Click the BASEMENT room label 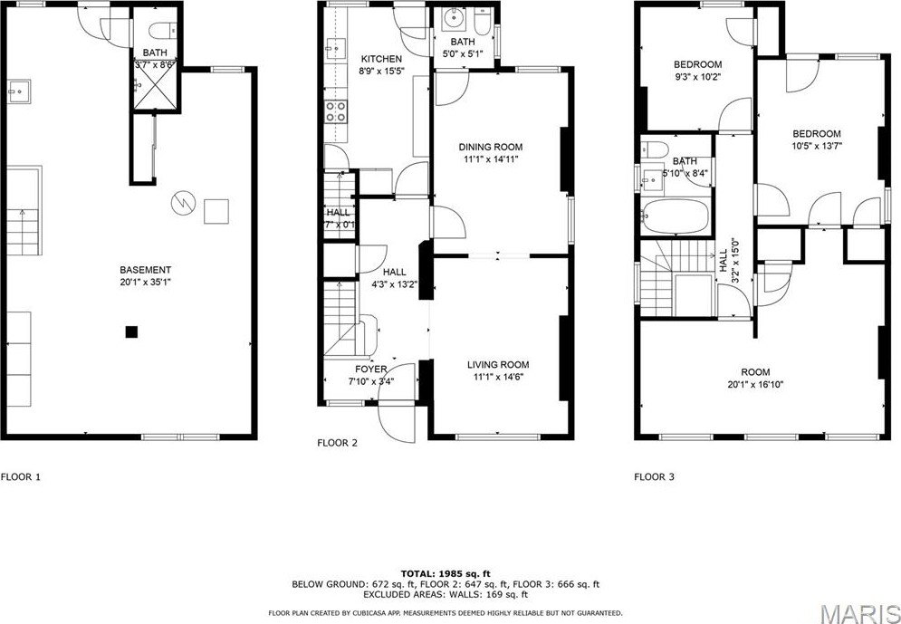[146, 270]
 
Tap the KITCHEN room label [381, 59]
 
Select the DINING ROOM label [491, 147]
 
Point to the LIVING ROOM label [498, 365]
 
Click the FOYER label [371, 370]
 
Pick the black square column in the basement [132, 331]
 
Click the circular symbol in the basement [183, 203]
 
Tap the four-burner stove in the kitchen [336, 111]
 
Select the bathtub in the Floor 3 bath [676, 216]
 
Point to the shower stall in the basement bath [156, 88]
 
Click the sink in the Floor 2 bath [454, 21]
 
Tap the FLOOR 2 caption [337, 443]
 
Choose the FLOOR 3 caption [654, 476]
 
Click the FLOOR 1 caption [21, 476]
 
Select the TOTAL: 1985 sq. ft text [446, 573]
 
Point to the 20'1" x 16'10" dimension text [755, 384]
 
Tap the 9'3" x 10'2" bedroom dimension [697, 76]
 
